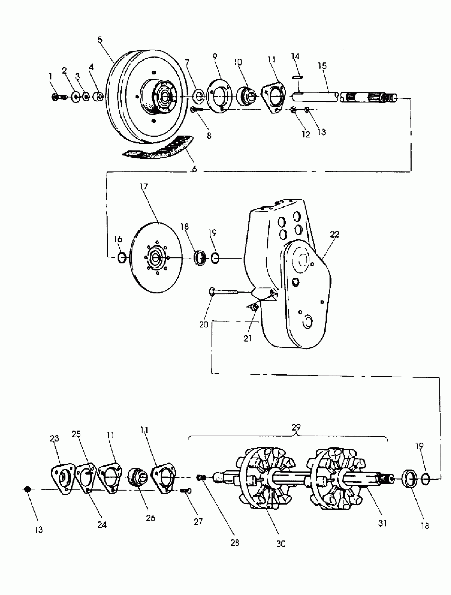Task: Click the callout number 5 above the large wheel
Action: pos(100,40)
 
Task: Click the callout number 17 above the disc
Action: pos(144,186)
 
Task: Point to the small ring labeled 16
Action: pos(122,258)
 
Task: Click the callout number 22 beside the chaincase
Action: pos(335,234)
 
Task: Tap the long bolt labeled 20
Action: pos(223,291)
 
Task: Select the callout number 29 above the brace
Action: pos(296,427)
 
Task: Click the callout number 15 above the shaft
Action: pos(322,66)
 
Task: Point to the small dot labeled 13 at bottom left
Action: pos(27,489)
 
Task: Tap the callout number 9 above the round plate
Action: pos(215,57)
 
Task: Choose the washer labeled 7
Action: pos(199,97)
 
